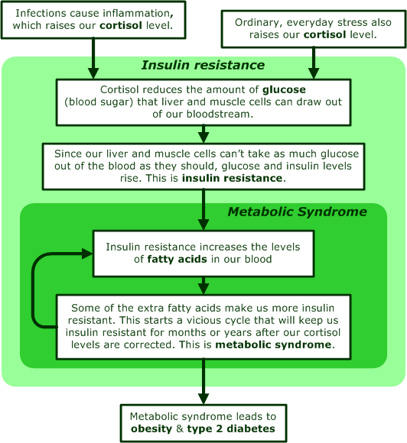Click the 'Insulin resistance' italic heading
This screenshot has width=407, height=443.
(x=203, y=65)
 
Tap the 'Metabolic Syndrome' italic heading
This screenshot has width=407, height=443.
(x=297, y=212)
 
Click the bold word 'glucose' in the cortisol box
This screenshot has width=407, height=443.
(x=284, y=89)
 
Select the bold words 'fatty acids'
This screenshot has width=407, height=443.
(x=177, y=259)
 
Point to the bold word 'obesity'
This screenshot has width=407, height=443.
(x=151, y=428)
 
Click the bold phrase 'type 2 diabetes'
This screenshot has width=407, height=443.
(x=231, y=428)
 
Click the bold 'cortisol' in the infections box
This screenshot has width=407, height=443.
(x=121, y=25)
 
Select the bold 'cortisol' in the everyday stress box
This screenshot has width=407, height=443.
(x=324, y=34)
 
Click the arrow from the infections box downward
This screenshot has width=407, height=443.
(x=93, y=59)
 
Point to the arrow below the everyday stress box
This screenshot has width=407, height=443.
(x=314, y=63)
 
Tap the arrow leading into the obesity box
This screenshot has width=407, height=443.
(x=203, y=382)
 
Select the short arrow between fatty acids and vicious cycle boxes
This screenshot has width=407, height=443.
(x=203, y=286)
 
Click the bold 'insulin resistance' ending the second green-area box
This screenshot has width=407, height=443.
(x=232, y=178)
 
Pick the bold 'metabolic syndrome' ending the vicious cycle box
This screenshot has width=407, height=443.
(x=273, y=344)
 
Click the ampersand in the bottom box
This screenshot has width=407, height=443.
(x=180, y=428)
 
